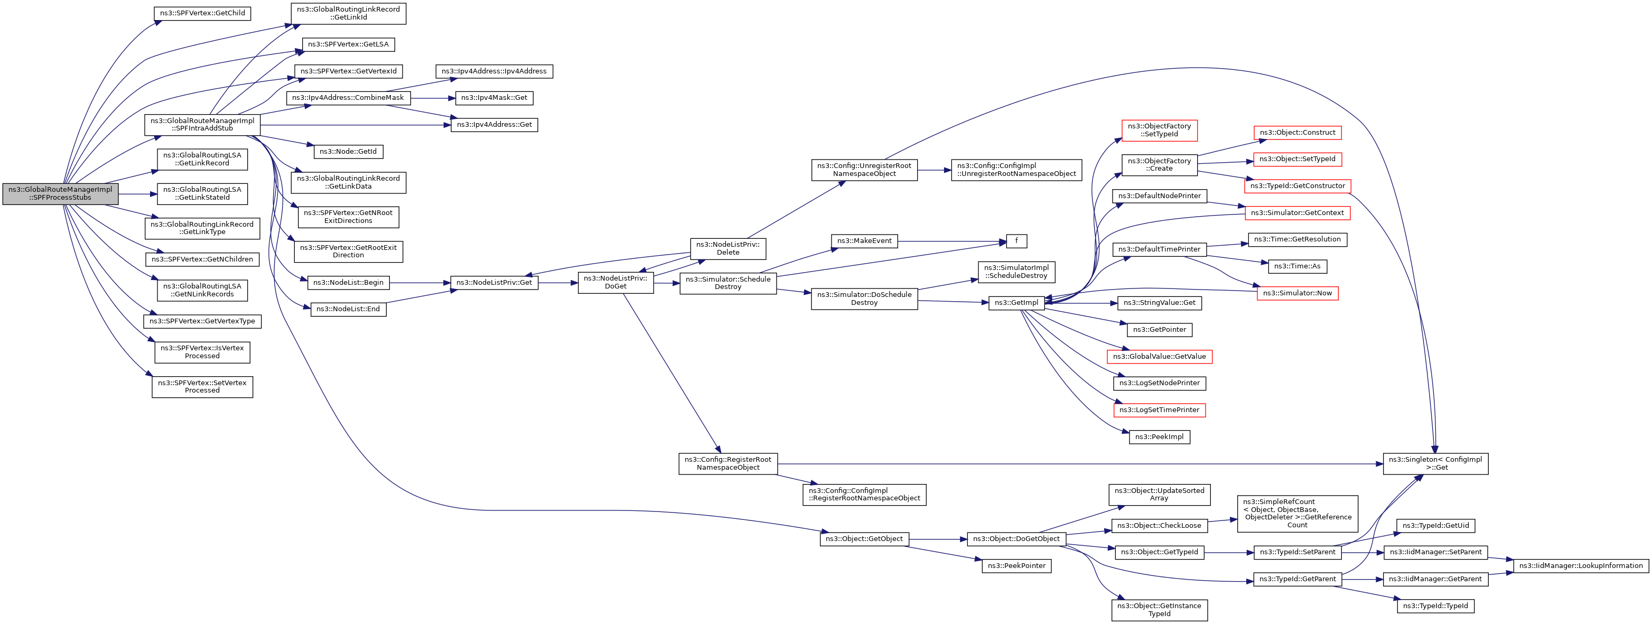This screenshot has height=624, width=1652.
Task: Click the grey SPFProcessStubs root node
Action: [60, 194]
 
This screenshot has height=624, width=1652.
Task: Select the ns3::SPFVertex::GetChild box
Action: [202, 13]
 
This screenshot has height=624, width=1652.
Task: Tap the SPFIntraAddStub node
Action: [202, 124]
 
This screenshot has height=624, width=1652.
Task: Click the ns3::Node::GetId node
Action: [348, 151]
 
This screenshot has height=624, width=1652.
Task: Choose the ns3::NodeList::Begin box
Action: [348, 282]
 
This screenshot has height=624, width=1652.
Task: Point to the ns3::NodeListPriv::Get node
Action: [494, 282]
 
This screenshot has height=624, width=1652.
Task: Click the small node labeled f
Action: [1016, 241]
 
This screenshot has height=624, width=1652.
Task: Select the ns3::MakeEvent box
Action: [864, 241]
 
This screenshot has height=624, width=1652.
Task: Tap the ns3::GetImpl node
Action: [1016, 303]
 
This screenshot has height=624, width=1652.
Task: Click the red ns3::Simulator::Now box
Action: [1298, 293]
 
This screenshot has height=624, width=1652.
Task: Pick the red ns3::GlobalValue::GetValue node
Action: [1160, 357]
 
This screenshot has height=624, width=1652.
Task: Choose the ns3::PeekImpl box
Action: [1160, 437]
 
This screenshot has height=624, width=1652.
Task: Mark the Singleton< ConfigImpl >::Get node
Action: [1435, 464]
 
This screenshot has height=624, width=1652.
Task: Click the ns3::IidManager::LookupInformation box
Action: [1581, 566]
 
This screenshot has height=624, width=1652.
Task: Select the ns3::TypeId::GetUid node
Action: [1435, 525]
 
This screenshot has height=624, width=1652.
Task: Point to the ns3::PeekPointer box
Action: [1016, 566]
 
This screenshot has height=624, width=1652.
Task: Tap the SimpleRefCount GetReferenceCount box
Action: [1298, 514]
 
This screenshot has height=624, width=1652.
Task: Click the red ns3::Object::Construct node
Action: [1298, 133]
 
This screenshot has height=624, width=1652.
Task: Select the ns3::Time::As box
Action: [1298, 266]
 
